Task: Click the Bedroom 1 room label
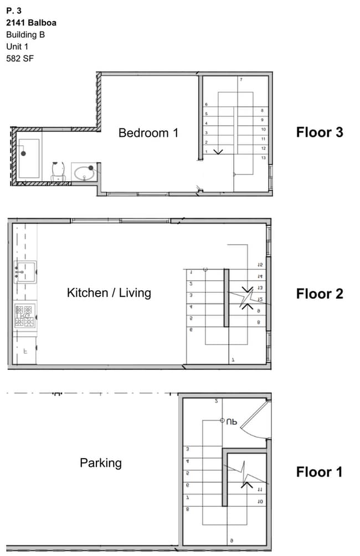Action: [x=148, y=133]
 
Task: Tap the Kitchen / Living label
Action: [x=109, y=292]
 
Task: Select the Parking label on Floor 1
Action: [x=101, y=463]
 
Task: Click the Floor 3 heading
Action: [x=320, y=132]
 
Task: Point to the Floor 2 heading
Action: [x=320, y=294]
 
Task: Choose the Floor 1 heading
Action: [x=320, y=472]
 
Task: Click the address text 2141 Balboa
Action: [x=31, y=23]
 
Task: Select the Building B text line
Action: [x=25, y=34]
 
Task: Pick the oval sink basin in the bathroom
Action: [x=84, y=173]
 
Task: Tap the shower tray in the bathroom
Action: [x=28, y=158]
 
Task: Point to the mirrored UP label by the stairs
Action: [x=231, y=421]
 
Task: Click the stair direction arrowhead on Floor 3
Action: [x=218, y=151]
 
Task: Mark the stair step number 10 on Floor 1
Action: [x=260, y=502]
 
